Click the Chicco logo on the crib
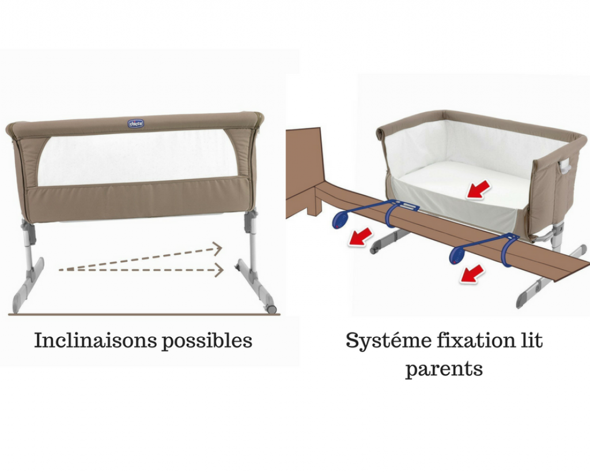136,123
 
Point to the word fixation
476,340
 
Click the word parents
444,369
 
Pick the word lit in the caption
531,340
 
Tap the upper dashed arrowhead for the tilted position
217,248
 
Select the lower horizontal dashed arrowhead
219,270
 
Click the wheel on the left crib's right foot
272,309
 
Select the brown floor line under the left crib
145,314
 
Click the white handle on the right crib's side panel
565,165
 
